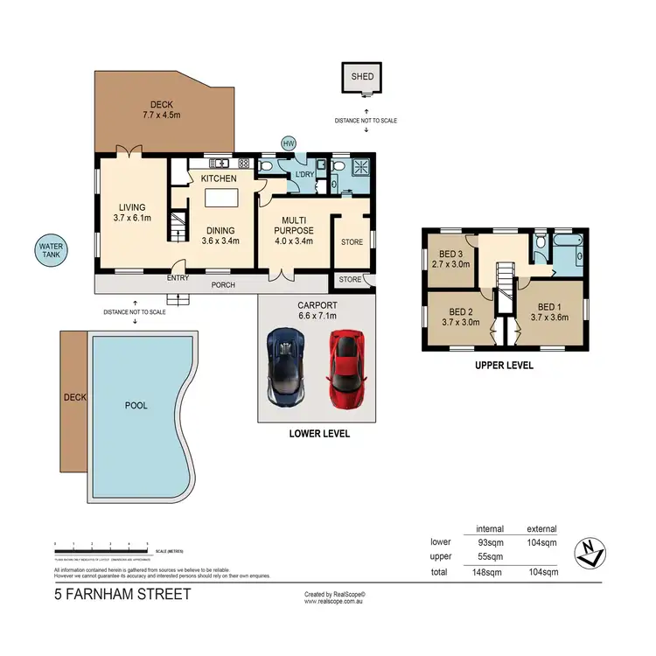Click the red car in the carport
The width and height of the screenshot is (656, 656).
347,368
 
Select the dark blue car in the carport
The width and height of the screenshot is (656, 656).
285,365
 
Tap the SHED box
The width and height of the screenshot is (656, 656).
362,78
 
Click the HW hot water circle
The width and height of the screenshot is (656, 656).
288,143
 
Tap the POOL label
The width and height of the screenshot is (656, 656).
136,406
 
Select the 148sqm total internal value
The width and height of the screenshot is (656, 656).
487,572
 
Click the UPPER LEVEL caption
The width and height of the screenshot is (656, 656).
503,366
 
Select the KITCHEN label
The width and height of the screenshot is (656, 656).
220,178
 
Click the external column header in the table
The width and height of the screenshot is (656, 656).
541,528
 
